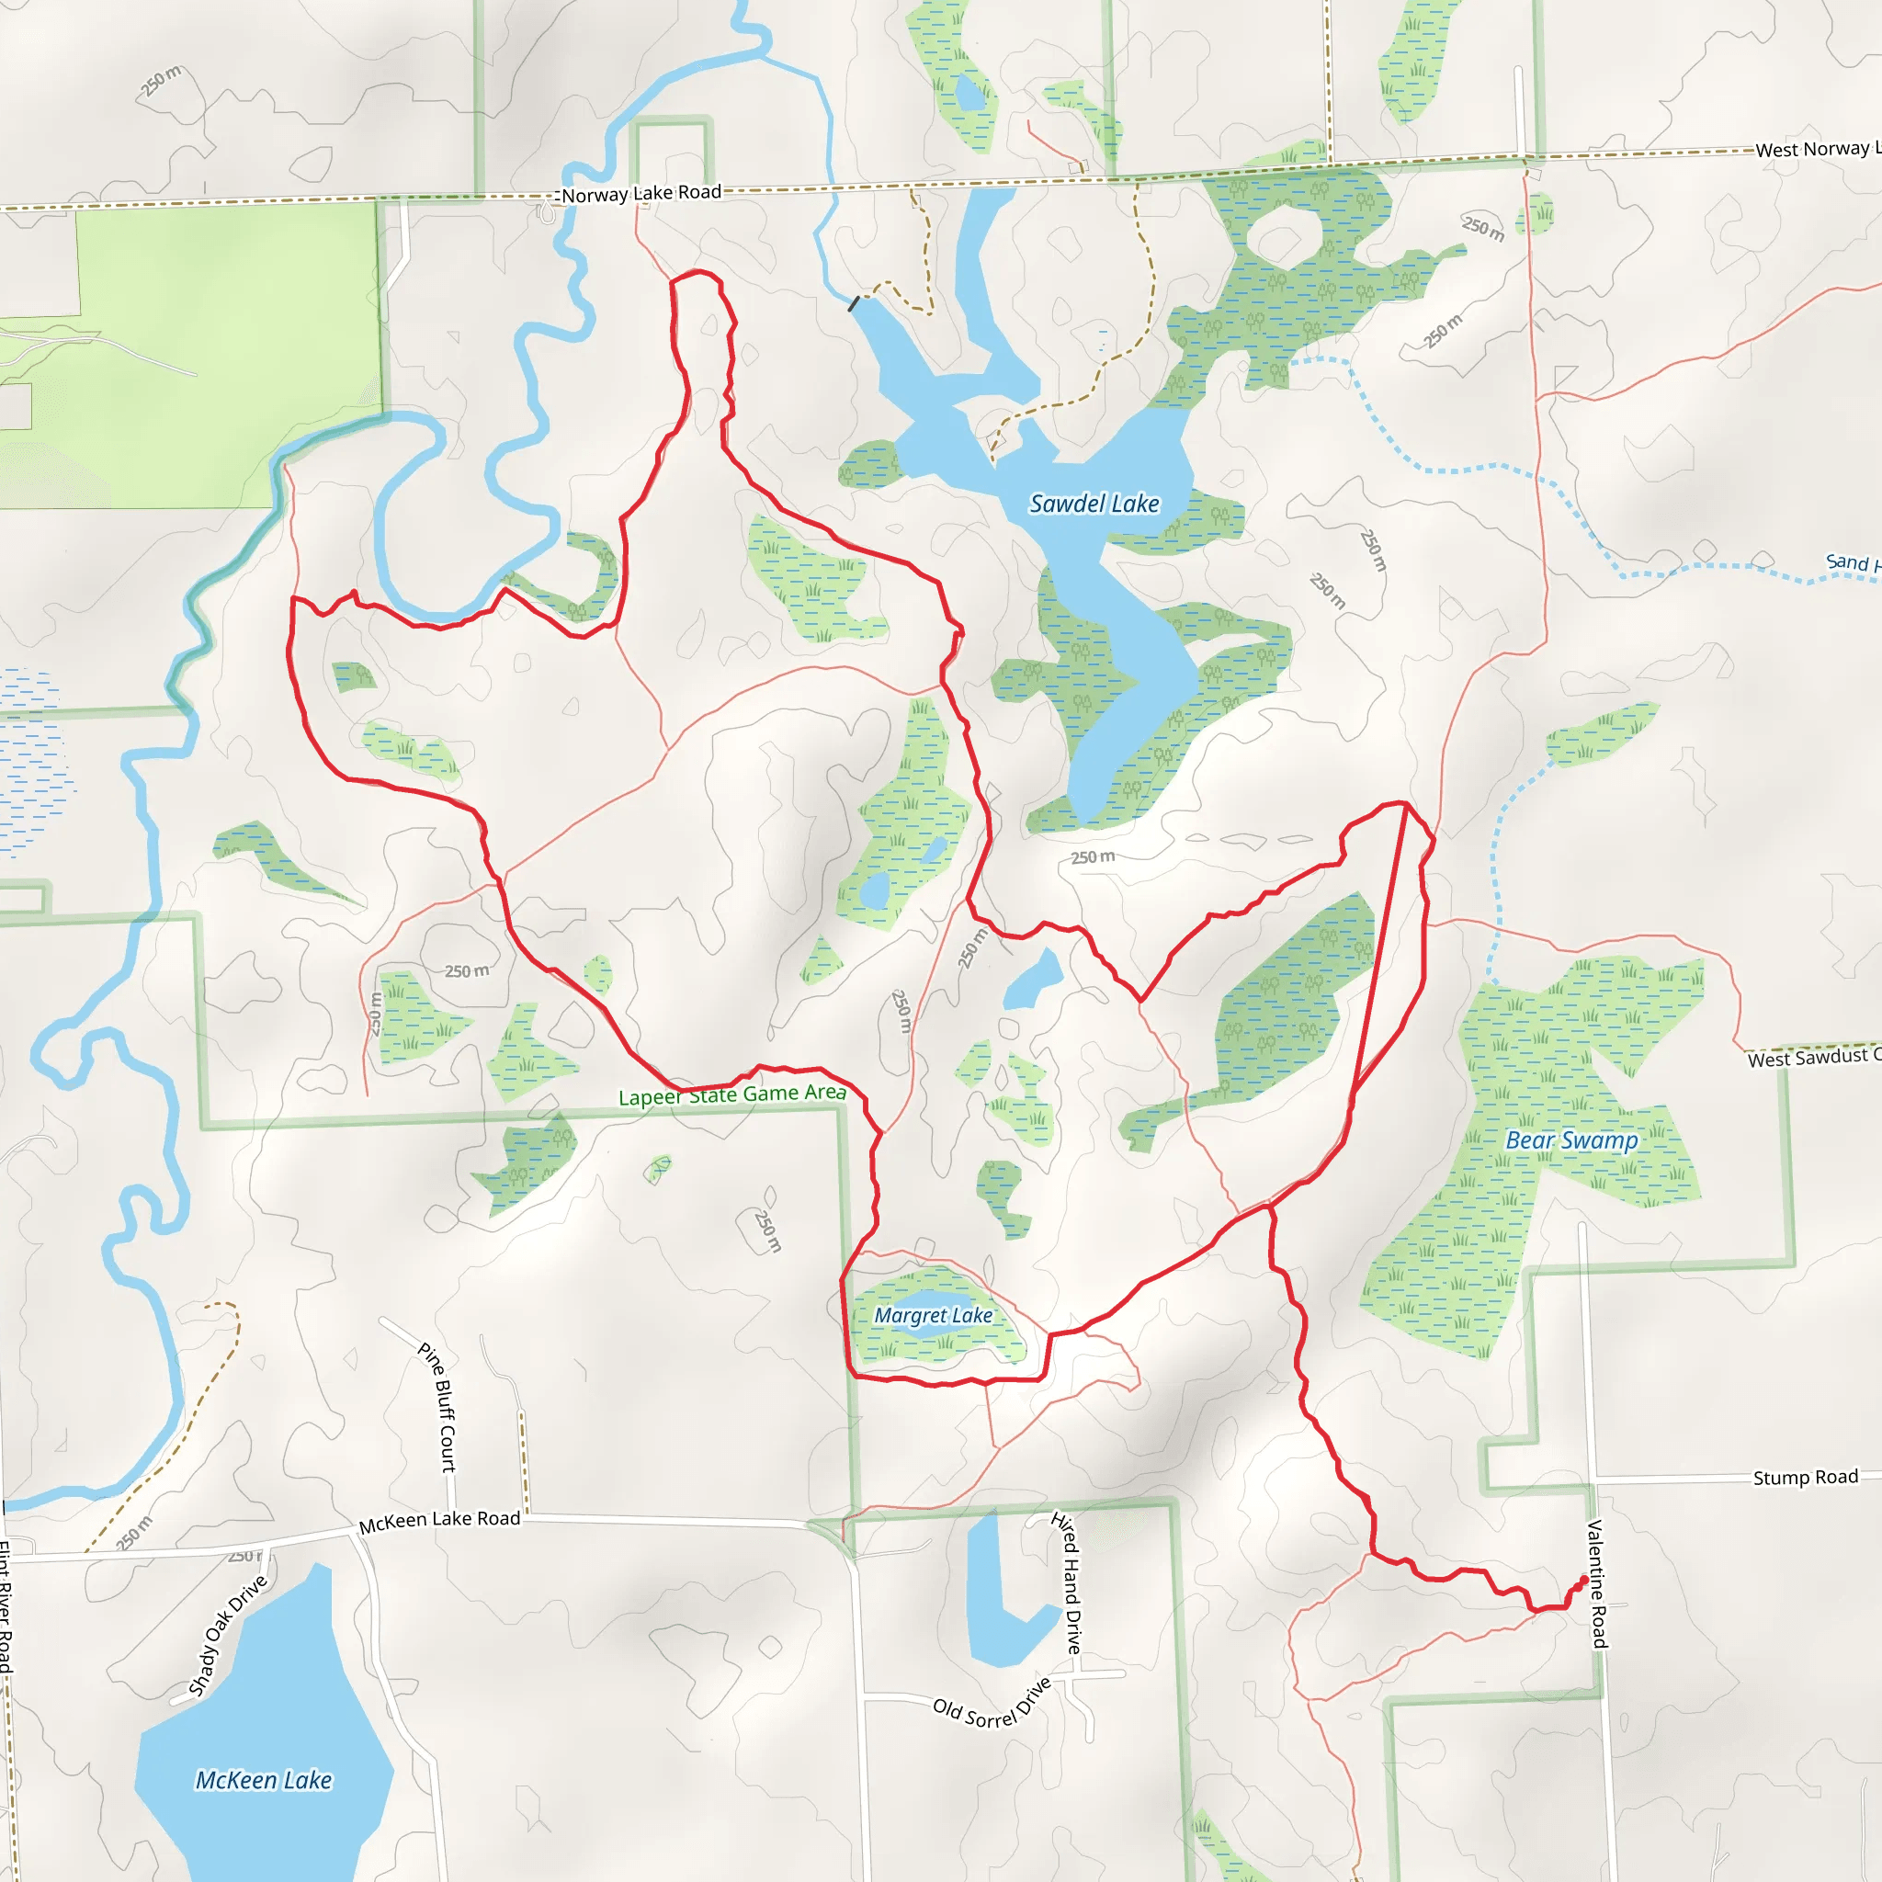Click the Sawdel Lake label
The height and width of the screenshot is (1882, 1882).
(x=1094, y=504)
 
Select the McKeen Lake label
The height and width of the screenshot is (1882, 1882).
(x=263, y=1780)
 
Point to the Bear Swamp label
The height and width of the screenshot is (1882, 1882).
(x=1571, y=1139)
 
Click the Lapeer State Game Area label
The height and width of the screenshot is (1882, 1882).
(x=731, y=1094)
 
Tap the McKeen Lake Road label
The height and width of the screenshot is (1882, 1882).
(x=439, y=1521)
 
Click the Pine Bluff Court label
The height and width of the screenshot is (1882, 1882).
(x=437, y=1407)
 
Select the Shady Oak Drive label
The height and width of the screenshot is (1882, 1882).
(x=227, y=1637)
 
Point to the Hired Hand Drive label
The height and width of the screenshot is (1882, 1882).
(x=1067, y=1582)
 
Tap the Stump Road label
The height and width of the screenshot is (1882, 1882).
(x=1805, y=1478)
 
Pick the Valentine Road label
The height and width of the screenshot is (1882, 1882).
(x=1596, y=1583)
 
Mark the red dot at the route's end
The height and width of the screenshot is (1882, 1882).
(x=1583, y=1580)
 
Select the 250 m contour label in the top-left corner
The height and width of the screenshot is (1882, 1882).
(x=161, y=82)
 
